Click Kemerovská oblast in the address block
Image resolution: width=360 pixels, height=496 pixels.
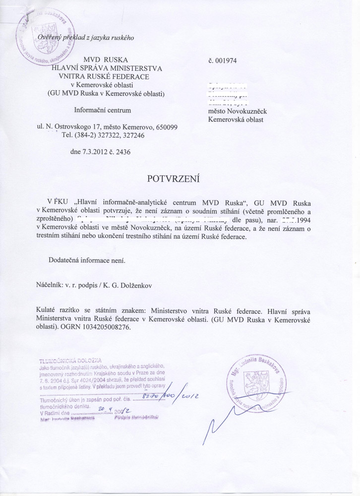tap(235, 120)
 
